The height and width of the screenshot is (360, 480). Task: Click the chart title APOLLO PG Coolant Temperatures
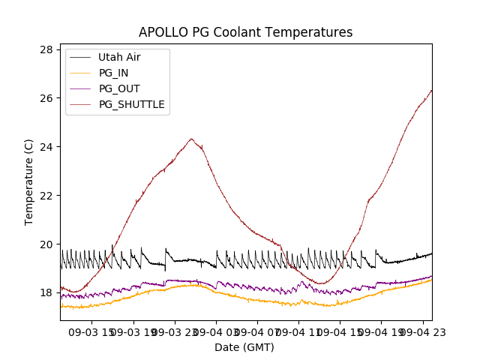coord(245,32)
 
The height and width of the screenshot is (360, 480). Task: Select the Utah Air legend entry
coord(119,57)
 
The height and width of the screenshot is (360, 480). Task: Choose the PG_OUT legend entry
coord(119,88)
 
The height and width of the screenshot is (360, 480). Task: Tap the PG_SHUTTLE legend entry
coord(131,104)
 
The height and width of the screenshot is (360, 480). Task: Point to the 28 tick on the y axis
coord(46,49)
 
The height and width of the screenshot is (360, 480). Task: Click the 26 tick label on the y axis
coord(46,98)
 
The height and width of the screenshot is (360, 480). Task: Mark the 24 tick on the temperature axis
coord(46,147)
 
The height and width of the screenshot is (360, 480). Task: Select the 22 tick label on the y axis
coord(46,196)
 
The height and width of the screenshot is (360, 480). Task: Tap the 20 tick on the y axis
coord(46,244)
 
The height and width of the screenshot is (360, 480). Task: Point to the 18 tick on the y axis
coord(46,293)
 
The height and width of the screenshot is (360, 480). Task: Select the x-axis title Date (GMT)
coord(244,347)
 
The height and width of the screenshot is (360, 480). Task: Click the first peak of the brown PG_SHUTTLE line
coord(191,139)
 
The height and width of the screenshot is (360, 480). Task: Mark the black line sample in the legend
coord(80,57)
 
